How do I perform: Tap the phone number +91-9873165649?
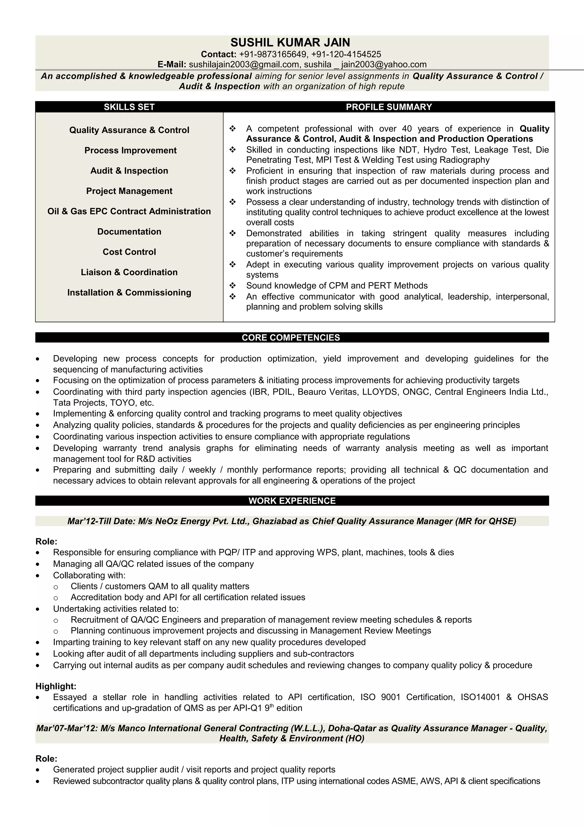click(273, 54)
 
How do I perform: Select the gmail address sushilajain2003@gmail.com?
click(244, 64)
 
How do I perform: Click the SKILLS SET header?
click(129, 107)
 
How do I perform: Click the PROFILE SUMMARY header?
click(389, 107)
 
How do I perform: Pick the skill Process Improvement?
click(130, 150)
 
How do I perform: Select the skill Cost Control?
click(129, 252)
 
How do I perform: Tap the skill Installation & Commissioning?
click(129, 292)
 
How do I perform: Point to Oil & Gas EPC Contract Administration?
click(129, 211)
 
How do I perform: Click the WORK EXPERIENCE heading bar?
click(292, 501)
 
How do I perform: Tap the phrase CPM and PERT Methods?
click(378, 286)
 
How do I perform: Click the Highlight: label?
click(56, 686)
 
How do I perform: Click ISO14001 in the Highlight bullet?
click(480, 697)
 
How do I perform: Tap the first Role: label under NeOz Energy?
click(46, 542)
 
